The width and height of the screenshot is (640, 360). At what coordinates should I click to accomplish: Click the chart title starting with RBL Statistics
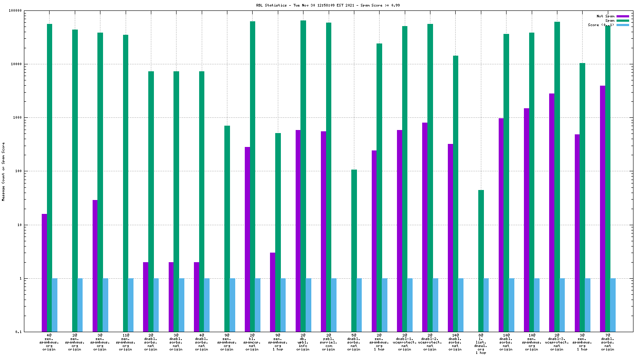(x=328, y=6)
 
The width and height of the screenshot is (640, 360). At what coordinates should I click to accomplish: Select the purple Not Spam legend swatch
(x=623, y=17)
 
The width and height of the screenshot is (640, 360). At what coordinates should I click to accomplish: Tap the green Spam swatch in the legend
(x=623, y=21)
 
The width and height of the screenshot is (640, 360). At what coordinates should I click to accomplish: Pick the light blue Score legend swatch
(x=623, y=25)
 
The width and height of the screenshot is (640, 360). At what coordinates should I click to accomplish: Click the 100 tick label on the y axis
(x=18, y=171)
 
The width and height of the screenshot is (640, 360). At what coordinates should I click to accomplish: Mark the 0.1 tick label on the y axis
(x=19, y=332)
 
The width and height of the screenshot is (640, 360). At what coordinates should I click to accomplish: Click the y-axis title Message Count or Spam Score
(x=3, y=172)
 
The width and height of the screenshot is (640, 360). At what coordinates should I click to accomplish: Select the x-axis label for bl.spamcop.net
(x=252, y=342)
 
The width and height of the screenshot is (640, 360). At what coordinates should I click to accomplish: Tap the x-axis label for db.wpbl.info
(x=303, y=342)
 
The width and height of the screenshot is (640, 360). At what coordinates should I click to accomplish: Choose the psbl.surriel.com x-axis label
(x=328, y=342)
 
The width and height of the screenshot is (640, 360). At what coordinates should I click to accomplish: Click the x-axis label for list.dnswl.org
(x=481, y=344)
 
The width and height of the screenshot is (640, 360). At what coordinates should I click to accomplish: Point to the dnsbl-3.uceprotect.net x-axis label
(x=557, y=342)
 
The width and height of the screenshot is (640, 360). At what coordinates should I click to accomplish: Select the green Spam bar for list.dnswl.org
(x=481, y=261)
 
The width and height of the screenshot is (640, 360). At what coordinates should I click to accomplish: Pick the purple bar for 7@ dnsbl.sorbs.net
(x=603, y=209)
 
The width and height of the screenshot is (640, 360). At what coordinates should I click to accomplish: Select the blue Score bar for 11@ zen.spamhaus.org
(x=131, y=305)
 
